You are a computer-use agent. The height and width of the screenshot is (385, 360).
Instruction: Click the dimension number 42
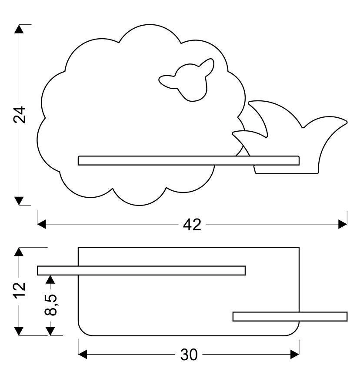click(192, 224)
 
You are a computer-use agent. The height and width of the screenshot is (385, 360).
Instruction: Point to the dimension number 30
click(189, 355)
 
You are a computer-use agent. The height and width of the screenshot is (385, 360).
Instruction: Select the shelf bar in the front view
click(188, 160)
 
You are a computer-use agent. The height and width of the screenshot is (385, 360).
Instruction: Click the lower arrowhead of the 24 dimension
click(18, 200)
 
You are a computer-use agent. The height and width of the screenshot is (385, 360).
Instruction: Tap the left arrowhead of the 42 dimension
click(42, 224)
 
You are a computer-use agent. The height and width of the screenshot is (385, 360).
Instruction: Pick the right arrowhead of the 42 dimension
click(343, 224)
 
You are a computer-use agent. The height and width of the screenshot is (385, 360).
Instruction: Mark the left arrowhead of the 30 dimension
click(83, 355)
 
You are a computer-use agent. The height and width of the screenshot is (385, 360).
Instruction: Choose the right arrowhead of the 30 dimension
click(295, 355)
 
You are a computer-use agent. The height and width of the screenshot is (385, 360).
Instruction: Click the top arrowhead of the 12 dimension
click(18, 252)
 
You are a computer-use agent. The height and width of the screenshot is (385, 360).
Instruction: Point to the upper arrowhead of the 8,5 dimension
click(51, 279)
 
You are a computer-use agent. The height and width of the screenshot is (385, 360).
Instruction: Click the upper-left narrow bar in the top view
click(141, 270)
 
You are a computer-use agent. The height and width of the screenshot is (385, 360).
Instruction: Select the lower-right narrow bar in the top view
click(290, 316)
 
